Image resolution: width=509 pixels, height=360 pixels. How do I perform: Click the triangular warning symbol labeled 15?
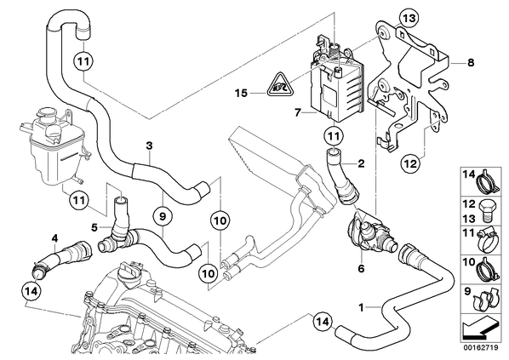[280, 85]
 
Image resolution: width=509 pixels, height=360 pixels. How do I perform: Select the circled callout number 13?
[409, 19]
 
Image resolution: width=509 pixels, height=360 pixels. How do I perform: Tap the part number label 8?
[471, 62]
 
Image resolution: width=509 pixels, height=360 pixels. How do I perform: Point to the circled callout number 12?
[410, 163]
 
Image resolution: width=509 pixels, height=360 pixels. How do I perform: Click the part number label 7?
[298, 113]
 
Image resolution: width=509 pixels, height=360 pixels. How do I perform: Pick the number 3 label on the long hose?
[149, 146]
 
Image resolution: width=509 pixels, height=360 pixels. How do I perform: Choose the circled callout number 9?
[163, 215]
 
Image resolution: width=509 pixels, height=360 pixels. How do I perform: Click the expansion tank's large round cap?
[47, 115]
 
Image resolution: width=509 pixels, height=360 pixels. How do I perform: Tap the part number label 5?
[94, 227]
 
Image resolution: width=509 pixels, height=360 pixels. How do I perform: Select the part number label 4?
[54, 239]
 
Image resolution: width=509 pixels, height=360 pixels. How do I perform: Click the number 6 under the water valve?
[361, 269]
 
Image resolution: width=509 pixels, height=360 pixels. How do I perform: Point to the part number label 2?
[361, 163]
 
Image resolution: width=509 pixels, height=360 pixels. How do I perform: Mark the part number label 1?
[361, 307]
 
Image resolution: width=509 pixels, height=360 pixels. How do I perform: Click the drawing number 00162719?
[482, 348]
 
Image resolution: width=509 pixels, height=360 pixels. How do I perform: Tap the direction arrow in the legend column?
[479, 330]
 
